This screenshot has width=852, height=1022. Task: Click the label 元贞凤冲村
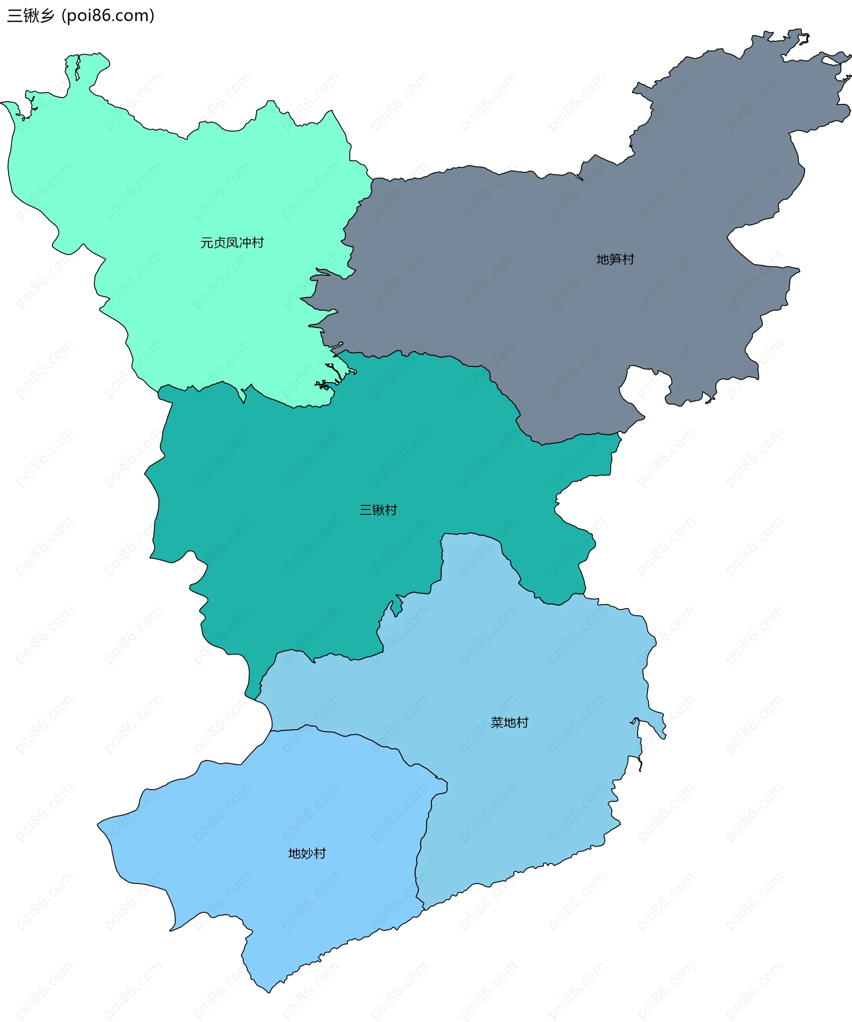point(232,243)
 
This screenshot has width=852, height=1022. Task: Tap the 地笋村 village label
point(615,259)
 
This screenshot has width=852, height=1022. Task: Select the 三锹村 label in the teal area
point(378,510)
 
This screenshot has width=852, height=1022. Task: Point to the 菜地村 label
point(509,723)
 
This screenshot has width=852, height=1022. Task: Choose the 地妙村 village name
point(307,854)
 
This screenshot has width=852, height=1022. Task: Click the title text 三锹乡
point(31,16)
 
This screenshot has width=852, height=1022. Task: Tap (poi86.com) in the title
point(108,16)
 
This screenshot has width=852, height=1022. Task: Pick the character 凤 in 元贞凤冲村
point(232,243)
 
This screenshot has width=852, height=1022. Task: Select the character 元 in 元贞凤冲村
point(207,243)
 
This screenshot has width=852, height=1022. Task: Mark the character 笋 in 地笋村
point(615,259)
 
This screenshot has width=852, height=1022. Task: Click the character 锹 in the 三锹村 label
point(378,510)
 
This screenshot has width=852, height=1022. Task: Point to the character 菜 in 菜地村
point(497,723)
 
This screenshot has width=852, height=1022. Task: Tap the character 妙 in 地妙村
point(307,854)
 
